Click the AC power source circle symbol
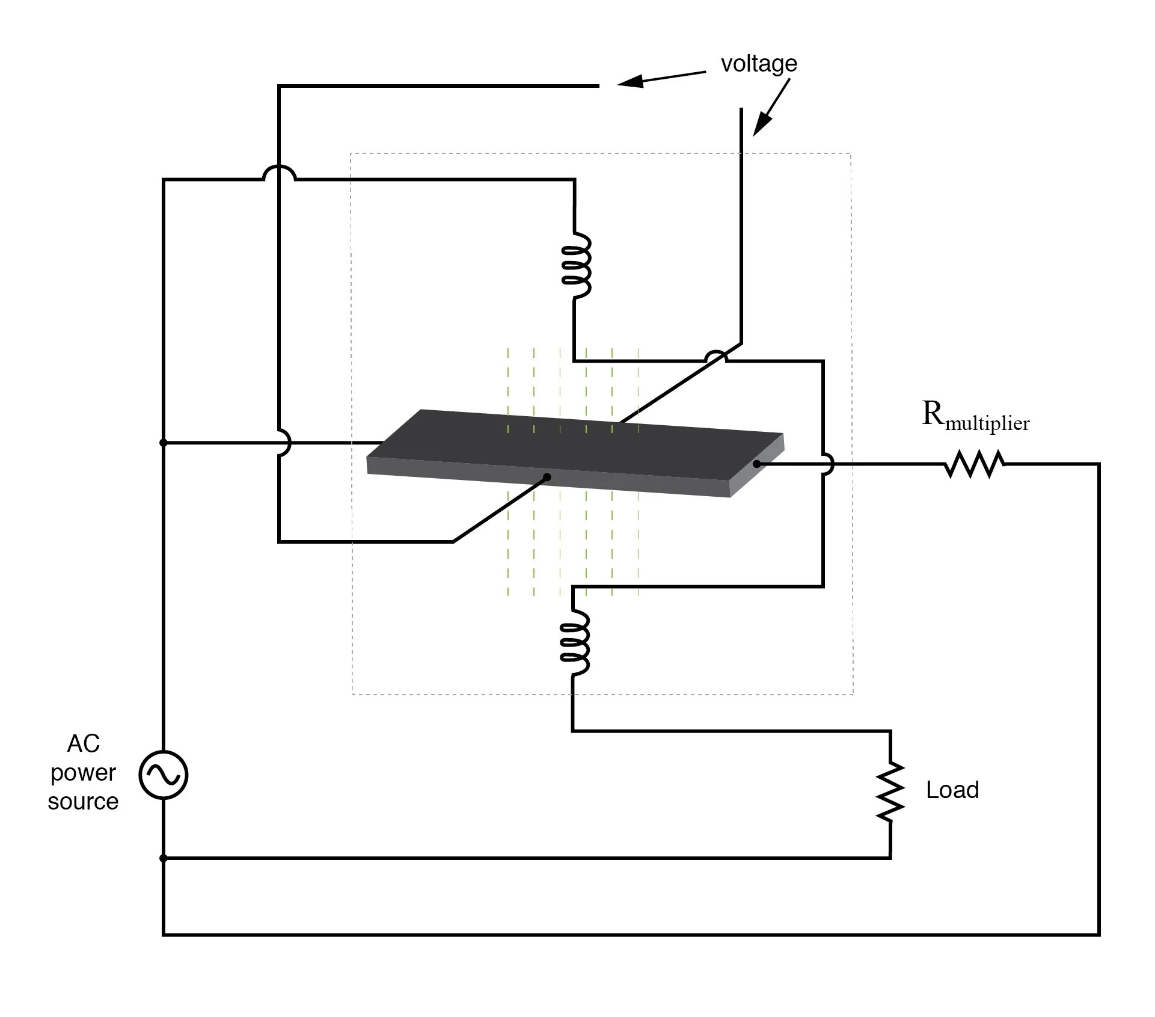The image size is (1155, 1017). click(x=164, y=775)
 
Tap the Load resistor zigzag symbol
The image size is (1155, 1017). click(x=890, y=791)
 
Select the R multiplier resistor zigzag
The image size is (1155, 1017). click(x=974, y=464)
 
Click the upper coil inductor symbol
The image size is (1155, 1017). click(x=576, y=265)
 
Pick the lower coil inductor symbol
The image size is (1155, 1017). click(x=574, y=643)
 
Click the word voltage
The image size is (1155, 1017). click(x=759, y=64)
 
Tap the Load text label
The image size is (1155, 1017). click(x=952, y=790)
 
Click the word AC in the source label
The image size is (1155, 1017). click(x=83, y=744)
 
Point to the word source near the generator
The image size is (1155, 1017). click(x=83, y=802)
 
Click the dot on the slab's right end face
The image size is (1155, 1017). click(x=756, y=464)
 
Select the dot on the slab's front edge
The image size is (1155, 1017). click(x=547, y=478)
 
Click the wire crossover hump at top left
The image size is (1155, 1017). click(x=280, y=172)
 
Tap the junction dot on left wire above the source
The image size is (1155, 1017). click(x=163, y=443)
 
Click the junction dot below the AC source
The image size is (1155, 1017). click(x=163, y=858)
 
